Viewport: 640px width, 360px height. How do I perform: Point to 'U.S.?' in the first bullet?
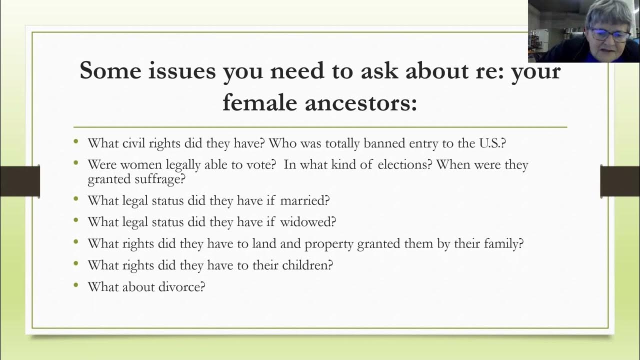point(492,143)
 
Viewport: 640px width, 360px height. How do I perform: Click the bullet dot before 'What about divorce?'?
point(76,285)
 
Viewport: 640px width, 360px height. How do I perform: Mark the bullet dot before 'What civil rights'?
point(76,141)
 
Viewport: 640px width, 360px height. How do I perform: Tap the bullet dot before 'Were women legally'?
point(76,163)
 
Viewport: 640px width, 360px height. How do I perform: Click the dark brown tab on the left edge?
point(19,181)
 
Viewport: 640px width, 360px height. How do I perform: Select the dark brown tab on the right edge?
point(620,181)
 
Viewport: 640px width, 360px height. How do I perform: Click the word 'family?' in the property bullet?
point(503,243)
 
